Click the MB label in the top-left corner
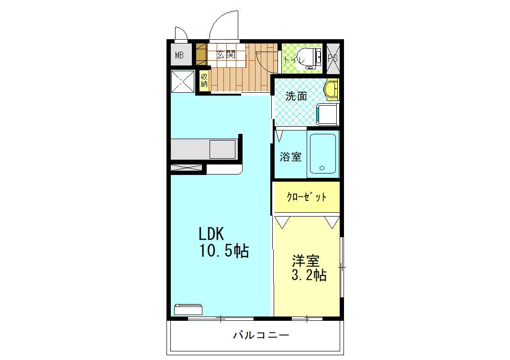tap(179, 55)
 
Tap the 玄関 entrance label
tap(226, 55)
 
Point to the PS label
tap(333, 58)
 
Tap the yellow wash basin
tap(331, 89)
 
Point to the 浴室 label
tap(290, 156)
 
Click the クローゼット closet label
tap(307, 197)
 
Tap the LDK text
tap(211, 233)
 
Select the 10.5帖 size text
tap(223, 251)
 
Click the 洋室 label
tap(306, 261)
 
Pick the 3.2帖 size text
tap(309, 275)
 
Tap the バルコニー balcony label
tap(261, 335)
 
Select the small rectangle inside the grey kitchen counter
tap(222, 149)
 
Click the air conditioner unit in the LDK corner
tap(188, 309)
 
